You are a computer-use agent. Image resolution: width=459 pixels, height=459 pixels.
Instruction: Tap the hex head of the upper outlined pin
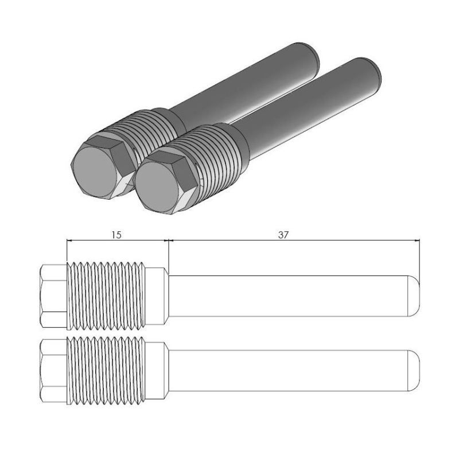(54, 295)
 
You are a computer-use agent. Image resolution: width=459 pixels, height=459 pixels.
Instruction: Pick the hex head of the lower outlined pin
(54, 370)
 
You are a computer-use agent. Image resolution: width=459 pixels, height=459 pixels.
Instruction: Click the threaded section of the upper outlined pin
(107, 295)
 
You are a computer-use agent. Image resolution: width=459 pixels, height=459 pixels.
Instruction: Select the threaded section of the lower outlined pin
(107, 370)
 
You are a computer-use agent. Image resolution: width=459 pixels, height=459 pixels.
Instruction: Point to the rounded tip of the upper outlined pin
(414, 295)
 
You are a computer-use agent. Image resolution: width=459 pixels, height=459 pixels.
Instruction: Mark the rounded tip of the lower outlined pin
(414, 370)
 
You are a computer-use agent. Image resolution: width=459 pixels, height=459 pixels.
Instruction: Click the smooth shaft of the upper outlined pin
(287, 295)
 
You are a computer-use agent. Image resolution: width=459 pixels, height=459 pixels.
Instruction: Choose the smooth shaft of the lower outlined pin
(287, 370)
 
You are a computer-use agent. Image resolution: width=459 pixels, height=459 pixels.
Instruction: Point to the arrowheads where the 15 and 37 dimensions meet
(168, 241)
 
